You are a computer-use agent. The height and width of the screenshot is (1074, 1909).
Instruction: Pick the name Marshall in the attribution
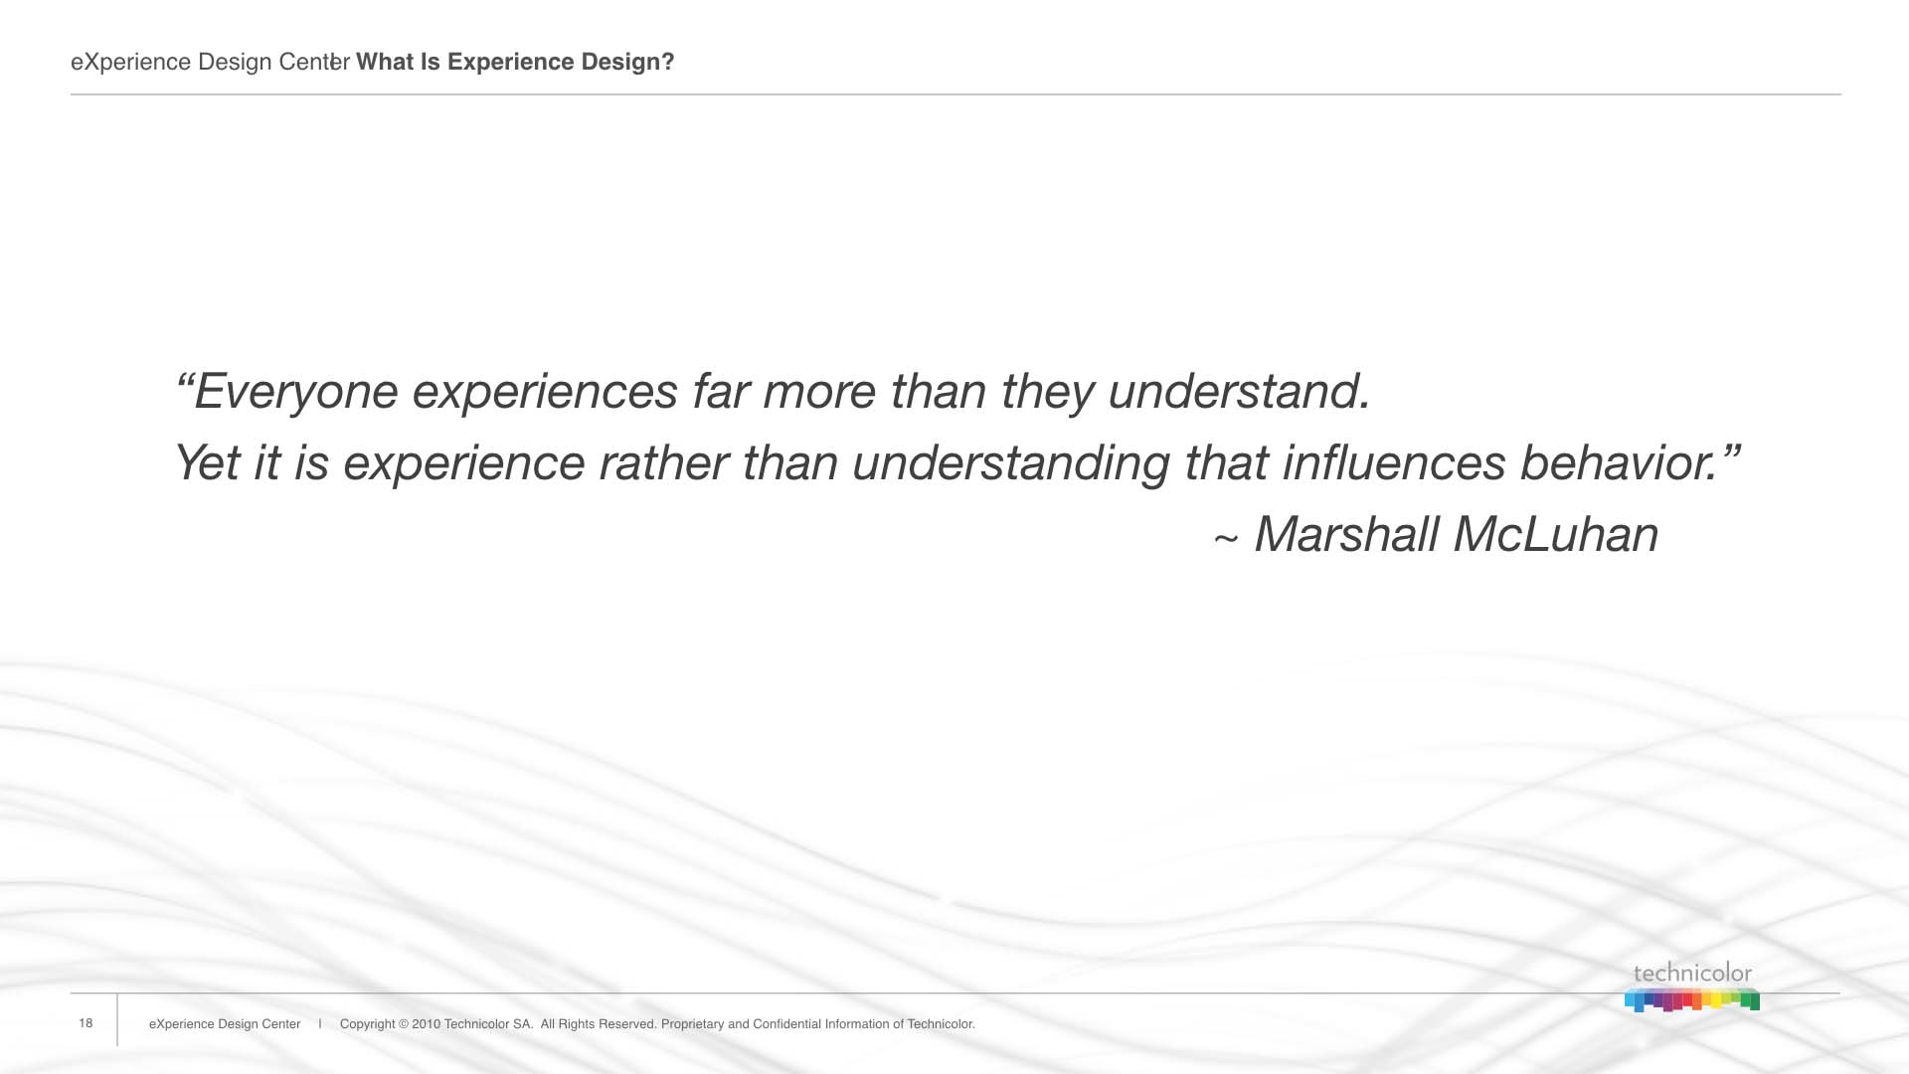(1346, 534)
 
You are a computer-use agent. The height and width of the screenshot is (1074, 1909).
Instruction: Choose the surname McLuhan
(1556, 534)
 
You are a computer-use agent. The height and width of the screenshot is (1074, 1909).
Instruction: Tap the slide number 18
(86, 1023)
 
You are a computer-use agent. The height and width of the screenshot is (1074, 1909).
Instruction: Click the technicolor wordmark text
(1692, 974)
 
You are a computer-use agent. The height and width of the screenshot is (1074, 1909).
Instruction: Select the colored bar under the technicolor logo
(1692, 999)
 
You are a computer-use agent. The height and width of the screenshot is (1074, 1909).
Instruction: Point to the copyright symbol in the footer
(404, 1024)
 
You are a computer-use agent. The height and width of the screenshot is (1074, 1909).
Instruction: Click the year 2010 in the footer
(426, 1024)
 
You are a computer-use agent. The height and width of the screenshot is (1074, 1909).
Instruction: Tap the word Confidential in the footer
(786, 1024)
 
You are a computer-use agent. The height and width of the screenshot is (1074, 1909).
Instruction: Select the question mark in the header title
(668, 62)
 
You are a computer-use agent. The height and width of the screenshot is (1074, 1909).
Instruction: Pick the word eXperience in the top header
(130, 63)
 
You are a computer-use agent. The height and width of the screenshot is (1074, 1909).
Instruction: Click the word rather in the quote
(663, 462)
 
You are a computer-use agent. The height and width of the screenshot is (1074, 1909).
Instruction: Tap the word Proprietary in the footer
(692, 1024)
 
